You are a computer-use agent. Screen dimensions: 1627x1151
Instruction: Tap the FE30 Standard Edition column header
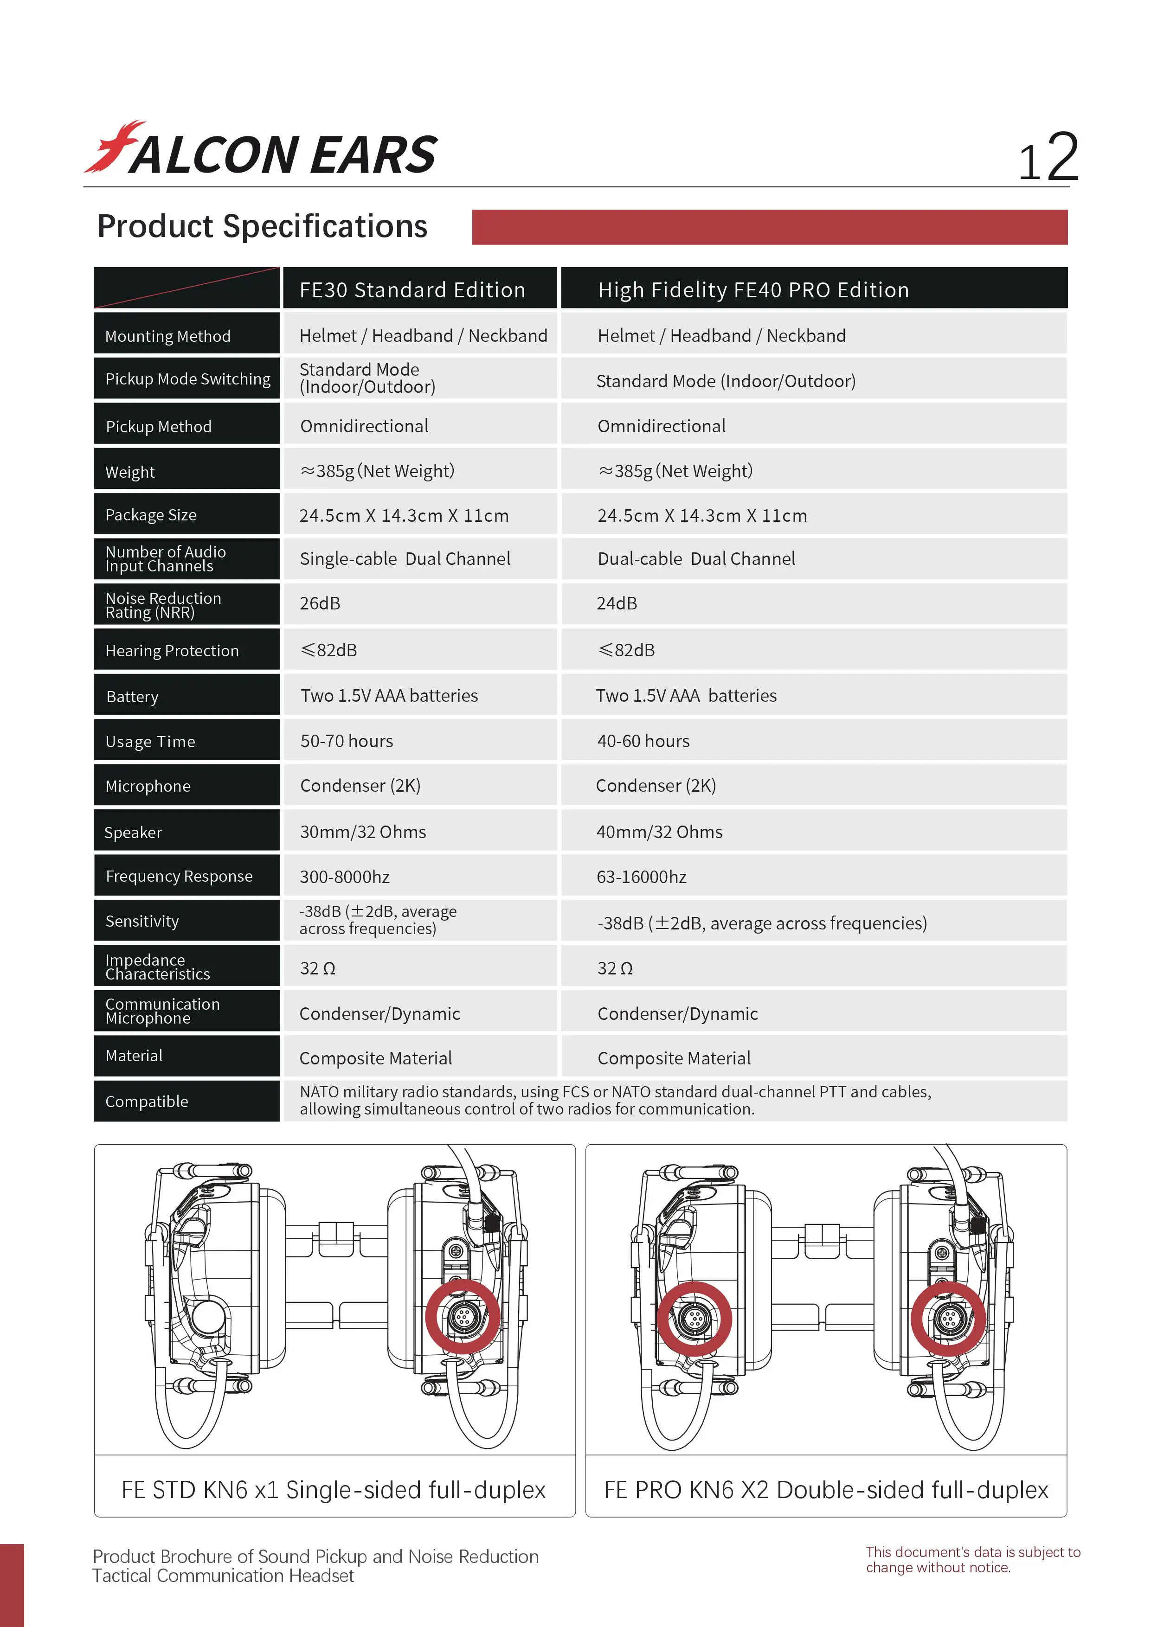click(412, 290)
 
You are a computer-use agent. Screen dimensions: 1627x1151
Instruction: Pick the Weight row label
click(130, 472)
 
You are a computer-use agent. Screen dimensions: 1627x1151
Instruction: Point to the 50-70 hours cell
click(347, 741)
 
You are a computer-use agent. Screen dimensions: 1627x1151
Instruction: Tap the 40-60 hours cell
click(643, 741)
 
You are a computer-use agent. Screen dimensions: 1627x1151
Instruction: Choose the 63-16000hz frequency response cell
click(642, 878)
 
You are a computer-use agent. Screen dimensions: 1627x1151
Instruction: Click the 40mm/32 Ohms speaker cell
click(659, 832)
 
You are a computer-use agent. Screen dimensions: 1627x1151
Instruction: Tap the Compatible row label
click(147, 1102)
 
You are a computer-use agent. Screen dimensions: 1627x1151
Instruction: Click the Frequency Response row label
click(179, 877)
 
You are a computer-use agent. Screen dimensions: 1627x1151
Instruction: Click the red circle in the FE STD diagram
click(463, 1317)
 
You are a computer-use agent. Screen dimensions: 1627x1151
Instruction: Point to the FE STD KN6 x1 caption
click(334, 1490)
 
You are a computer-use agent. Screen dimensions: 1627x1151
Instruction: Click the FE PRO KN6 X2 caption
click(826, 1490)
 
